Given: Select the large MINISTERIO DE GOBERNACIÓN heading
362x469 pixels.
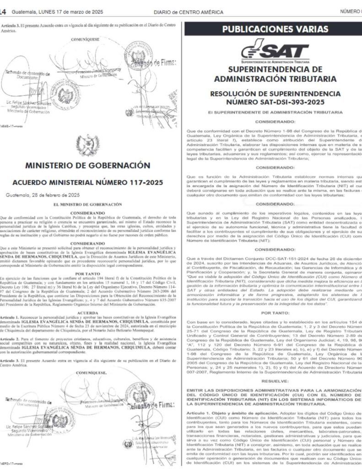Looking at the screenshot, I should [x=87, y=164].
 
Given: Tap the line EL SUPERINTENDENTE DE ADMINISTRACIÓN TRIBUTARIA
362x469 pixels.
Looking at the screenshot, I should [x=272, y=112].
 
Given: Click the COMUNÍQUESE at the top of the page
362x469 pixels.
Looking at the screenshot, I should [x=87, y=40].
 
